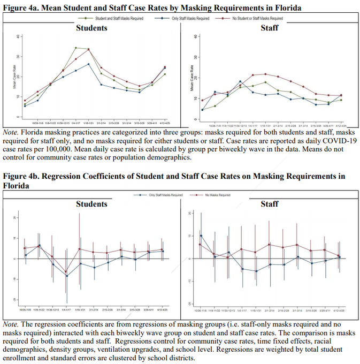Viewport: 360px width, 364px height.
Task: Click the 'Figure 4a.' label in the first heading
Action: pyautogui.click(x=22, y=8)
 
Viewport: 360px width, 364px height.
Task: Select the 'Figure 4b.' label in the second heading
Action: pyautogui.click(x=22, y=176)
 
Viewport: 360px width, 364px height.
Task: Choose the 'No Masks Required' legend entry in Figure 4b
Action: pyautogui.click(x=213, y=195)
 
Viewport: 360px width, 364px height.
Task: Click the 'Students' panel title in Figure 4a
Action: pyautogui.click(x=91, y=27)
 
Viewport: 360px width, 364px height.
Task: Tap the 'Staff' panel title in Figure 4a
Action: pyautogui.click(x=269, y=27)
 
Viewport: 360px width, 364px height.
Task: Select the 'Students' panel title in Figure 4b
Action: pyautogui.click(x=91, y=204)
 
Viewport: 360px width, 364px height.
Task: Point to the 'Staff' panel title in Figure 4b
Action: pyautogui.click(x=269, y=204)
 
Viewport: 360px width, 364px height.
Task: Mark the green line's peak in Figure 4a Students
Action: pyautogui.click(x=75, y=48)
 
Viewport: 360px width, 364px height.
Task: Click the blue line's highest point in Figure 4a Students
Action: pyautogui.click(x=88, y=64)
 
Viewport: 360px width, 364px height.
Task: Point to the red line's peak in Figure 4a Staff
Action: pyautogui.click(x=265, y=74)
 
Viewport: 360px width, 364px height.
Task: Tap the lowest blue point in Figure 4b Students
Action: pyautogui.click(x=67, y=276)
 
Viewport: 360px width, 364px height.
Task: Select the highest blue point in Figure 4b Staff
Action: pyautogui.click(x=201, y=236)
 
